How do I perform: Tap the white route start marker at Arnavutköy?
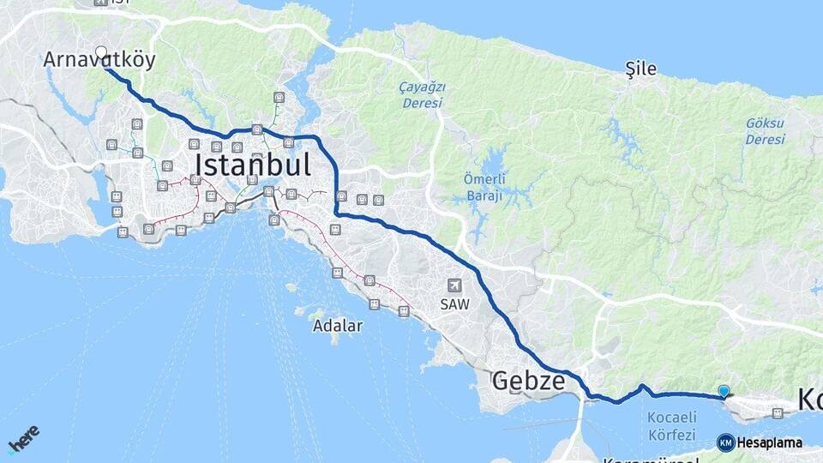[x=101, y=52]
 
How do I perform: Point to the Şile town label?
[x=641, y=69]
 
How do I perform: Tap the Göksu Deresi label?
[x=765, y=131]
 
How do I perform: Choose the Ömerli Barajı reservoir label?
[x=484, y=186]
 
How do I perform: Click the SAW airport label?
[x=454, y=304]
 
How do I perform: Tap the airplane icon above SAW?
[x=454, y=286]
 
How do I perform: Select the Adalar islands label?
[x=338, y=326]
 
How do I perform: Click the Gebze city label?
[x=528, y=382]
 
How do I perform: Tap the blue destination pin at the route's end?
[x=724, y=391]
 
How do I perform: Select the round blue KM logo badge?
[x=725, y=443]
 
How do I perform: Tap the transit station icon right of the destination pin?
[x=778, y=413]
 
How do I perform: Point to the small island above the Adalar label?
[x=302, y=311]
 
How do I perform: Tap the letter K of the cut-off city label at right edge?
[x=809, y=400]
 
